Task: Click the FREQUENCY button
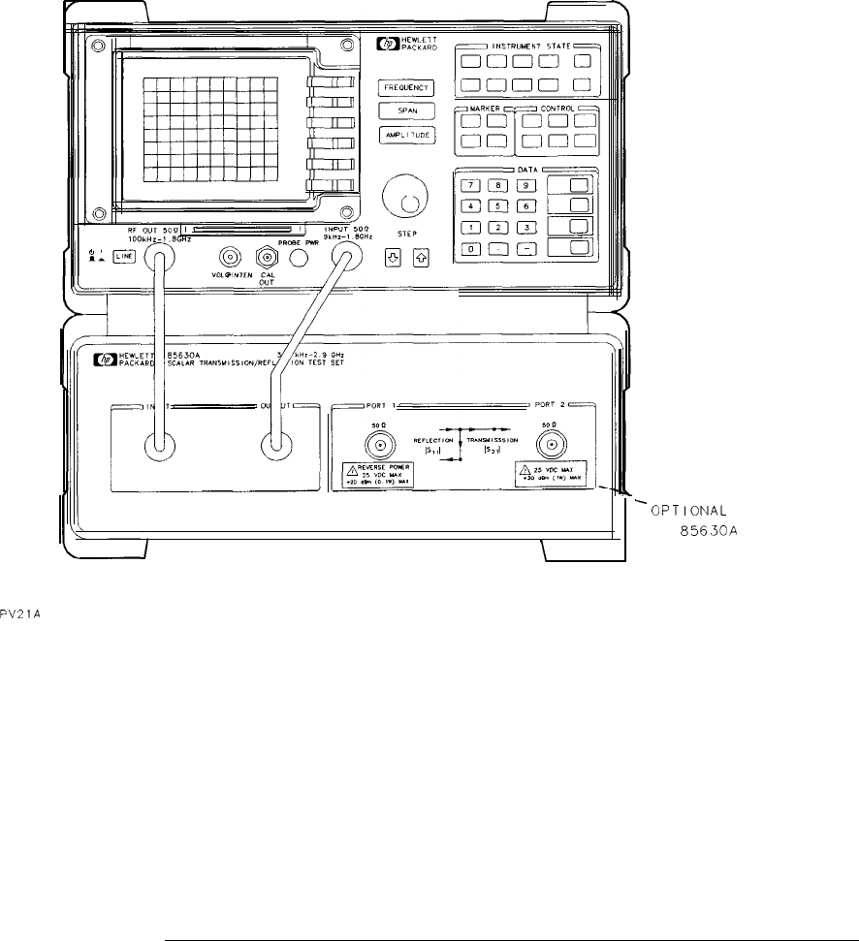click(406, 88)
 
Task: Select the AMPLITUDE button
click(406, 136)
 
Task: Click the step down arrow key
click(392, 258)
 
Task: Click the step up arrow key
click(421, 258)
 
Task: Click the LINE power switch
click(123, 258)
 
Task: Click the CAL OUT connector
click(266, 257)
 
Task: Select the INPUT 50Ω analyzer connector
click(342, 257)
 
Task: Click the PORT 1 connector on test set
click(378, 445)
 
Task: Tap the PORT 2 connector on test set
click(553, 445)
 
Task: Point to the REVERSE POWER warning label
click(378, 476)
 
